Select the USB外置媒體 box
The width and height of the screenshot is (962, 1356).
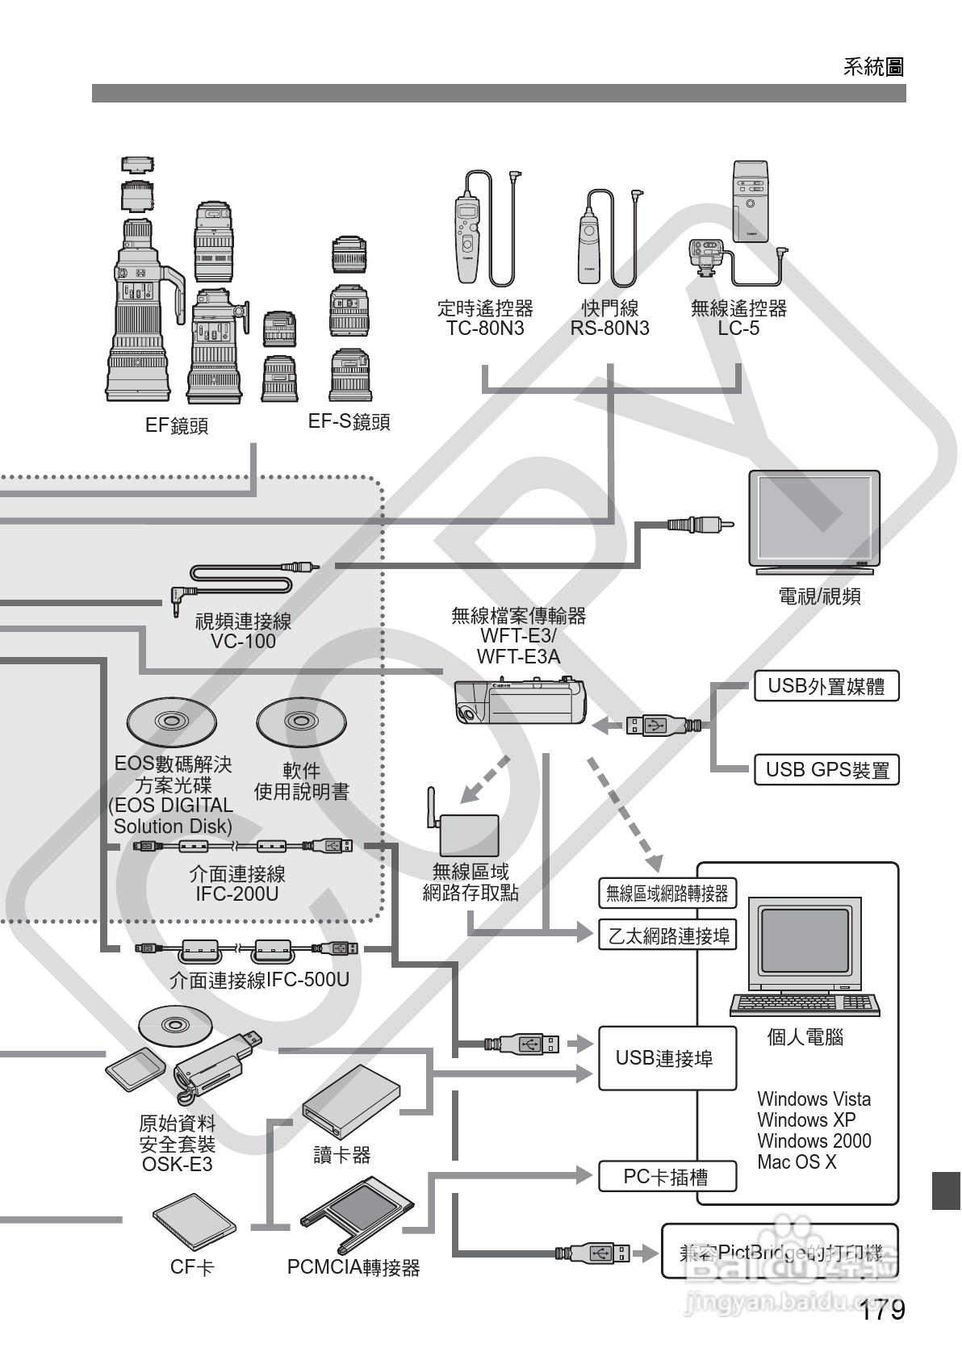(826, 687)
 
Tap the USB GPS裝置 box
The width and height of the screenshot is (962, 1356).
(826, 770)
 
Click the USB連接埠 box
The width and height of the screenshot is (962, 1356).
(667, 1058)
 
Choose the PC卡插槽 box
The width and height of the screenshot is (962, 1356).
(667, 1177)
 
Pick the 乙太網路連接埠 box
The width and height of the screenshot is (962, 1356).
(667, 935)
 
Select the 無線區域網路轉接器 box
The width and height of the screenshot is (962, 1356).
(667, 894)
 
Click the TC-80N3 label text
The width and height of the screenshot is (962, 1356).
(485, 329)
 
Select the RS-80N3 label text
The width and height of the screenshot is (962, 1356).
(609, 329)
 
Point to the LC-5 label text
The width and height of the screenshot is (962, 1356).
(738, 329)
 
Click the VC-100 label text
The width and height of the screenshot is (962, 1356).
(243, 642)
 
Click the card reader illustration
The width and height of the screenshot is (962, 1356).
(351, 1101)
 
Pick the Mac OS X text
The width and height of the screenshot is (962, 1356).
(797, 1162)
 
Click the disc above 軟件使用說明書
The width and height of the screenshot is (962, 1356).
(301, 721)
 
